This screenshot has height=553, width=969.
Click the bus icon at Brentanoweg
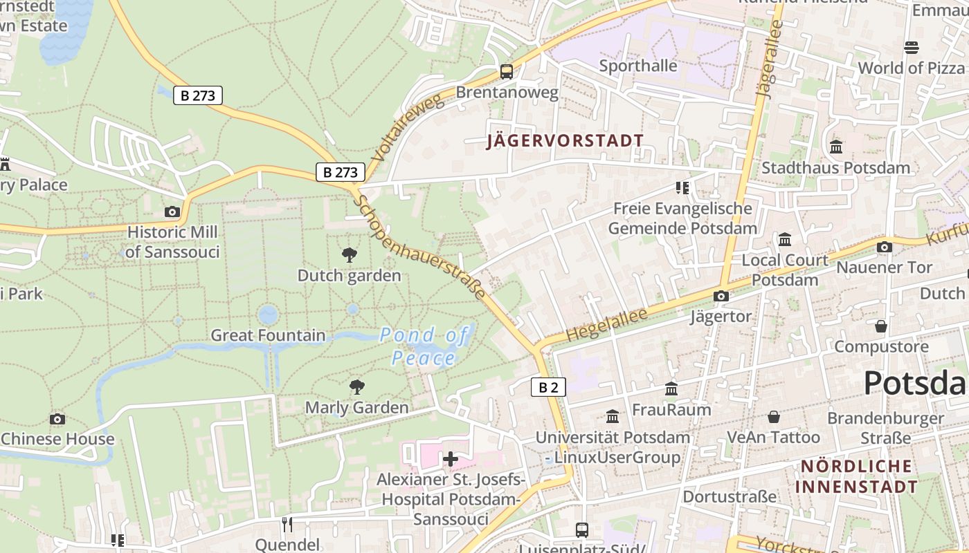507,71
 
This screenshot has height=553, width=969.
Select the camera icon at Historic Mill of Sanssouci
172,212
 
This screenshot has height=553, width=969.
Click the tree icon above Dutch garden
350,255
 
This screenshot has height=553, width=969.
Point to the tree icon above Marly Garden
356,386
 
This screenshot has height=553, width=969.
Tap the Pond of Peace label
424,347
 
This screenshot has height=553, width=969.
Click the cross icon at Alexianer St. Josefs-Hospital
451,458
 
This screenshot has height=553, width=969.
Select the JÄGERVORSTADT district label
565,141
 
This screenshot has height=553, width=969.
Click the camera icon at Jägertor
721,296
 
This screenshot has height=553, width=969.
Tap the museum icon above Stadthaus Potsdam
835,147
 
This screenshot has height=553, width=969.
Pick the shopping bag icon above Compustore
881,326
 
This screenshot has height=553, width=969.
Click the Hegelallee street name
606,324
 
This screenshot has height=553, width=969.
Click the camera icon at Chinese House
57,419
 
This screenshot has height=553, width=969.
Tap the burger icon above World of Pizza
911,47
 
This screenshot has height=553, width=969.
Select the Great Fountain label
268,335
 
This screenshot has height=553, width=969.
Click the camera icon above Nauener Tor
884,247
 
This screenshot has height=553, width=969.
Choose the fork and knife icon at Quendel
287,524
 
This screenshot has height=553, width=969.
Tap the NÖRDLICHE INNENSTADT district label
856,476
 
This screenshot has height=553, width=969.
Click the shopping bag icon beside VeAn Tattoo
774,417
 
